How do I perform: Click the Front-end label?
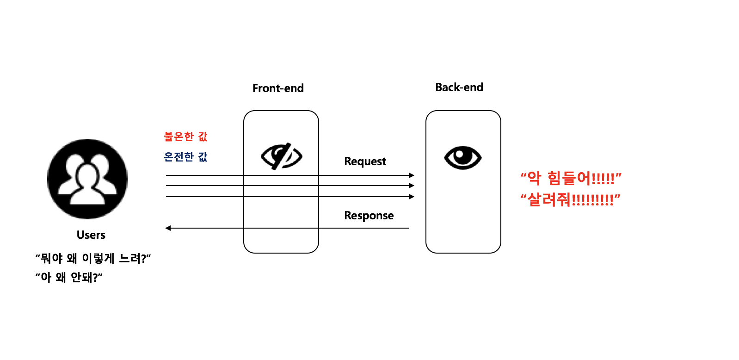(278, 88)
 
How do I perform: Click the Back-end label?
(459, 87)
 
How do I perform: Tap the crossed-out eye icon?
(281, 156)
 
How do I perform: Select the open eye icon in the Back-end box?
(463, 157)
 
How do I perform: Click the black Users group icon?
(87, 179)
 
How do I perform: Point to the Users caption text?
(91, 235)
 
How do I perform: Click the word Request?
(365, 161)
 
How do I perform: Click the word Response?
(369, 216)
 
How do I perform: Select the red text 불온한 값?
(186, 137)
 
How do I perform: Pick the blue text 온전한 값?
(186, 157)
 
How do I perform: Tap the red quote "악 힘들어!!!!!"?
(571, 178)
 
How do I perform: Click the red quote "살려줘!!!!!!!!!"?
(570, 200)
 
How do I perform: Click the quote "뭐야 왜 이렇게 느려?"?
(93, 258)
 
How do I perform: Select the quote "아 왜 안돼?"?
(69, 277)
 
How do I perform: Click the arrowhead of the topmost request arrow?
(412, 175)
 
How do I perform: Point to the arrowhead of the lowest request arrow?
(412, 197)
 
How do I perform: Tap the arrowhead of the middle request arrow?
(412, 186)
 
